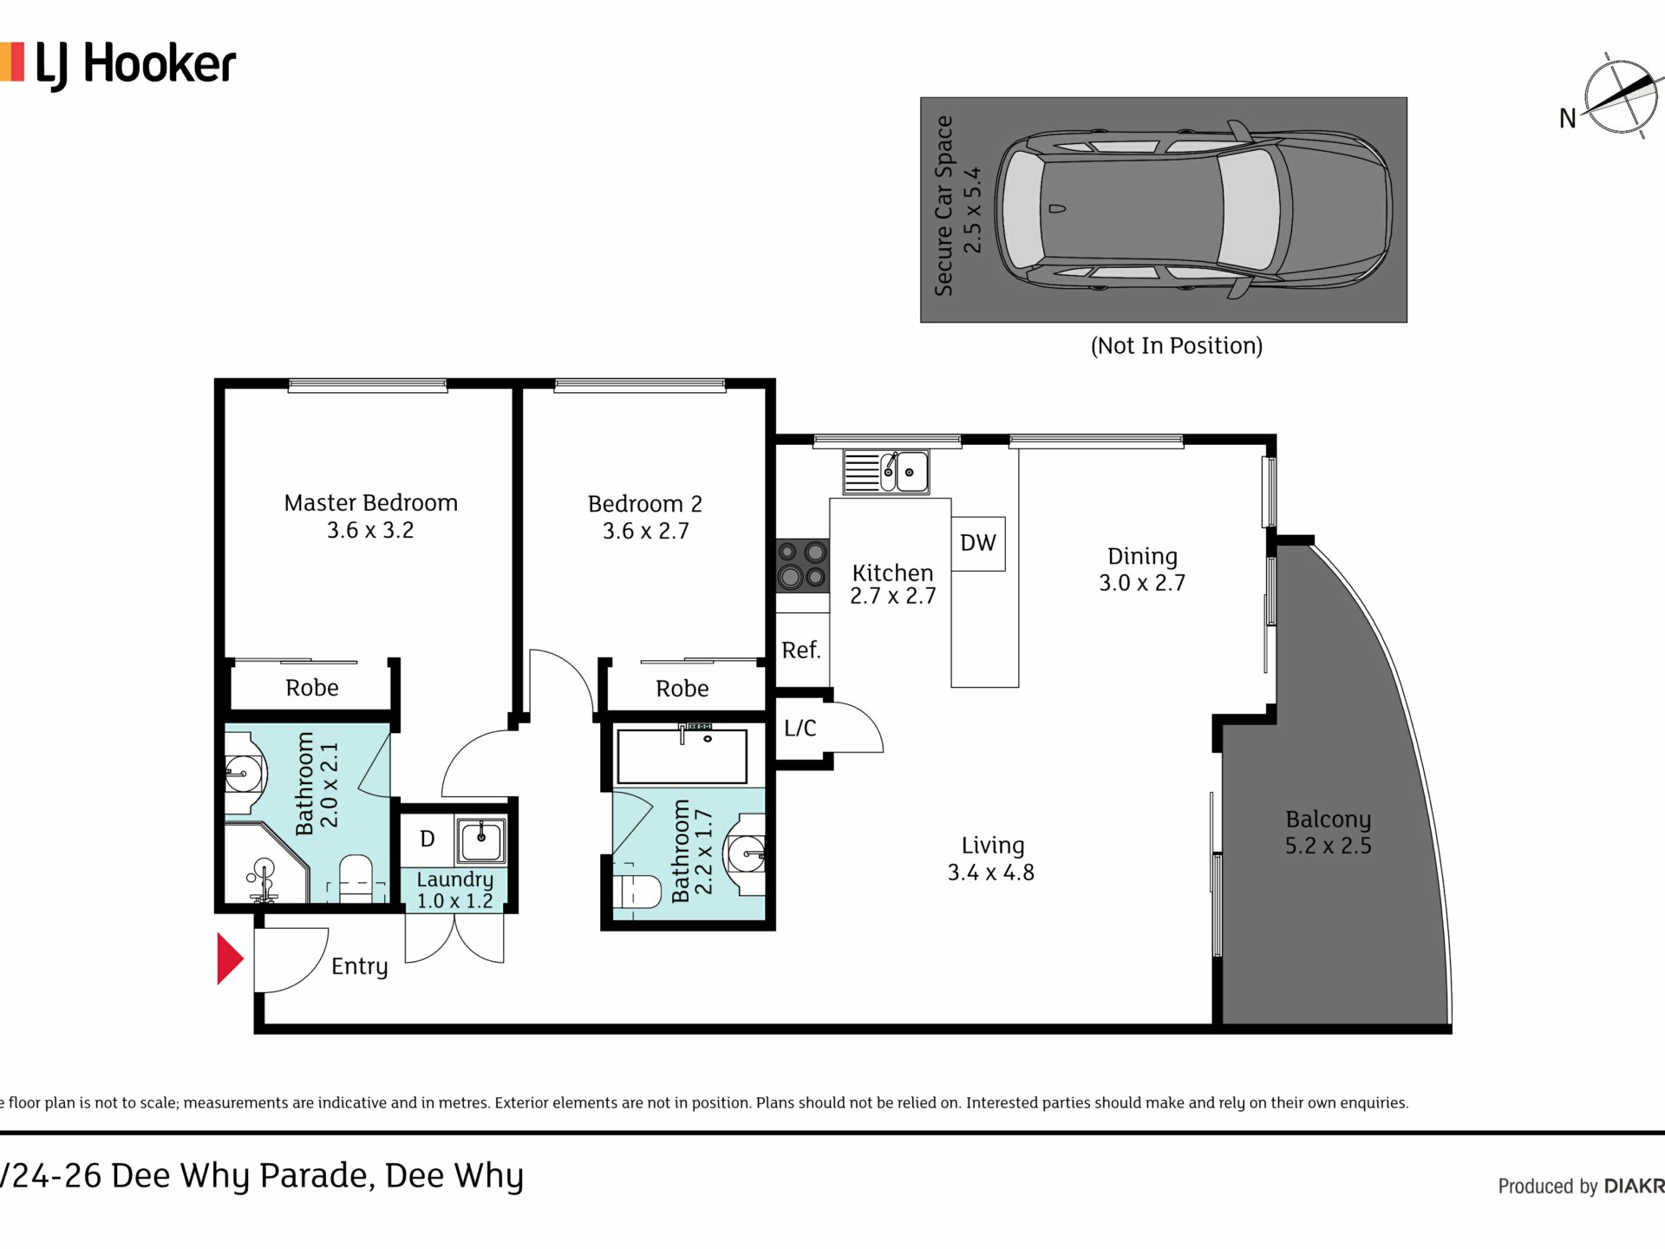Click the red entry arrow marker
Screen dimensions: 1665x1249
(229, 959)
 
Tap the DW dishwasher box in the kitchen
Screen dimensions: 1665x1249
(978, 544)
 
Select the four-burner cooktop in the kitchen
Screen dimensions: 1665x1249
(802, 565)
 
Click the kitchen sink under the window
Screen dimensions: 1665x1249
(886, 472)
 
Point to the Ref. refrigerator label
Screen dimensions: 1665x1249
(800, 650)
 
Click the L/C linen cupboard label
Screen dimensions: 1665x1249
(800, 728)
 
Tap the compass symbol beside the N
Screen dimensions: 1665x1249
(1620, 97)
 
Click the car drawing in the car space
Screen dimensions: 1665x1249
(1193, 209)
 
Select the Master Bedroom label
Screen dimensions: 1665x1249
(371, 503)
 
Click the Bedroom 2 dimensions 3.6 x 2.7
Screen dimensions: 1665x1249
(646, 531)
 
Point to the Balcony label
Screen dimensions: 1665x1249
(1328, 819)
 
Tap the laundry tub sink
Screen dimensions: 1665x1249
(481, 840)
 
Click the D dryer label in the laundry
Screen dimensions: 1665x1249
(427, 839)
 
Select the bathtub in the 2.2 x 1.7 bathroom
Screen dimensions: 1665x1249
(682, 755)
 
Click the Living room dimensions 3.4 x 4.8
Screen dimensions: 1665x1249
(991, 873)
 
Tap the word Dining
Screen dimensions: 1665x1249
(1142, 557)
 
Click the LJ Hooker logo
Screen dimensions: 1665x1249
(119, 65)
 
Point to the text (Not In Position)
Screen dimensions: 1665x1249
(1176, 346)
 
